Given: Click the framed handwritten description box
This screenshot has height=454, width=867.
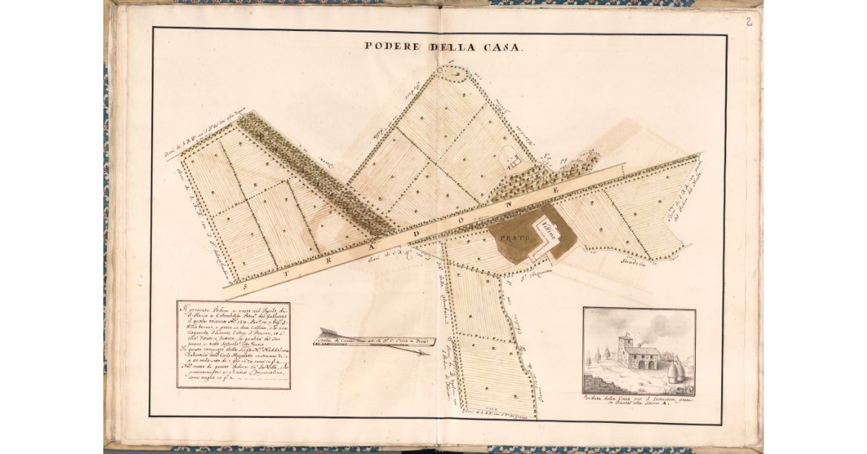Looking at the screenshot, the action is click(233, 345).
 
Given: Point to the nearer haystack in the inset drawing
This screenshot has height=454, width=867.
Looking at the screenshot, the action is click(676, 372).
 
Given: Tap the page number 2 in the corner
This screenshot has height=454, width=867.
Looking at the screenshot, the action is click(749, 22).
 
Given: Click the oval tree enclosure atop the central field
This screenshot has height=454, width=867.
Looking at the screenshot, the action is click(451, 73).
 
